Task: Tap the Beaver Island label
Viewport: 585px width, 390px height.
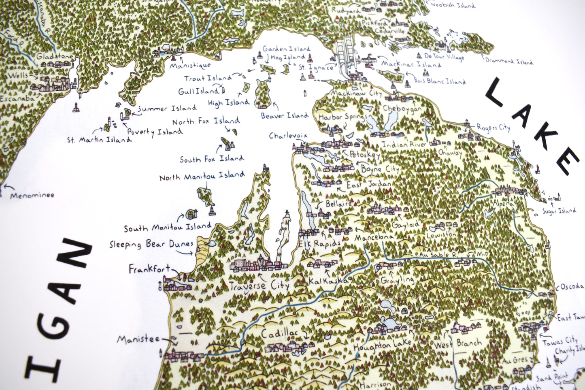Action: pyautogui.click(x=285, y=116)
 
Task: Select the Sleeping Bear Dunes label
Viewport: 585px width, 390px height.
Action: pyautogui.click(x=151, y=244)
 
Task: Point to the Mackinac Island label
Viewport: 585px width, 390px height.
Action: pyautogui.click(x=411, y=64)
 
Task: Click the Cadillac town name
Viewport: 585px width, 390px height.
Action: pyautogui.click(x=279, y=334)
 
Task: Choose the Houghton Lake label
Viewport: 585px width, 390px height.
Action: pyautogui.click(x=382, y=345)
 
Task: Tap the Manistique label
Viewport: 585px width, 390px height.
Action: pyautogui.click(x=190, y=65)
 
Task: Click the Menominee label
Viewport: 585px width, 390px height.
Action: pyautogui.click(x=32, y=195)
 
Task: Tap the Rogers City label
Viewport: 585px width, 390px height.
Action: pyautogui.click(x=493, y=128)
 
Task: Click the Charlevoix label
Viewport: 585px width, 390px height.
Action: pyautogui.click(x=288, y=136)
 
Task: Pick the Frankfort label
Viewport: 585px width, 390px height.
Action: pyautogui.click(x=149, y=269)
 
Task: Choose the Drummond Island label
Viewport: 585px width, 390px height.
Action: pyautogui.click(x=509, y=62)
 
